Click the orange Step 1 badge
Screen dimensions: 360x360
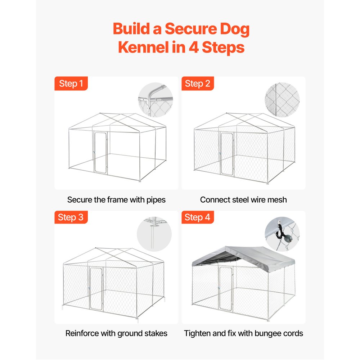point(71,84)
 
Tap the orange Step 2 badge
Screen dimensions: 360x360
point(197,84)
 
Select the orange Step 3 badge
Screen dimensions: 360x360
point(71,217)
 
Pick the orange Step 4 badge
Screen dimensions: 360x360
point(197,217)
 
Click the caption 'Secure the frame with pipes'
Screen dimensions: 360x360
point(116,199)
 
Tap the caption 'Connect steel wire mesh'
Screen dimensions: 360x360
point(243,199)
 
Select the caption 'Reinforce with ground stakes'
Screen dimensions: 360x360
point(116,333)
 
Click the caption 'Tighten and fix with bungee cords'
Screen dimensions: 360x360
point(243,333)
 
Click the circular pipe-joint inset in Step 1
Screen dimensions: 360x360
point(156,100)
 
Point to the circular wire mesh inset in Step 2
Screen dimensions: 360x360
point(282,100)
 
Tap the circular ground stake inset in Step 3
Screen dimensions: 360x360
point(154,234)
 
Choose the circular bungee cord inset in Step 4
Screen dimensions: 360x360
point(282,234)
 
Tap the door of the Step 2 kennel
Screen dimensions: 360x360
point(227,154)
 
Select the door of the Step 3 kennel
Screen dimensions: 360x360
point(96,289)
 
